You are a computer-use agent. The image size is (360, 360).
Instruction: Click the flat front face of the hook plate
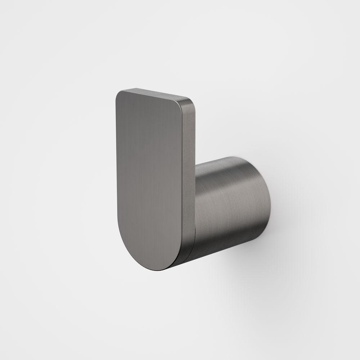click(x=149, y=180)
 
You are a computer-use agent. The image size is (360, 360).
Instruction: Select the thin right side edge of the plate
click(x=189, y=173)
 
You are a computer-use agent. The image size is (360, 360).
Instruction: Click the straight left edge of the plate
click(x=117, y=162)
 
